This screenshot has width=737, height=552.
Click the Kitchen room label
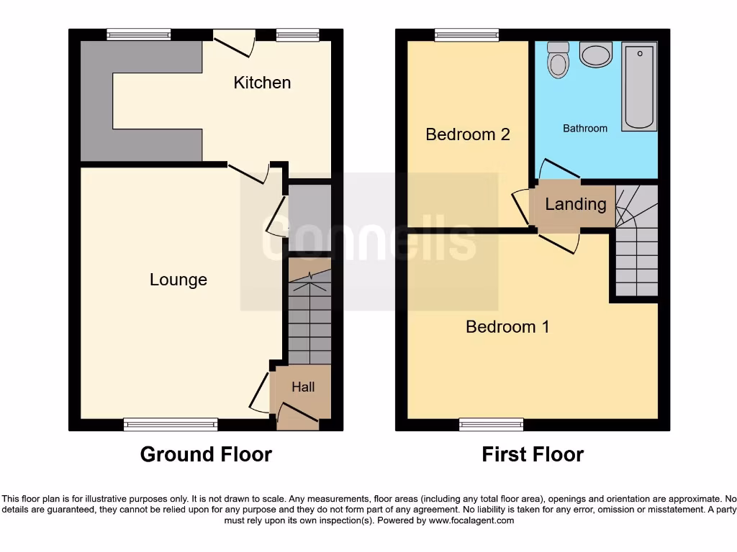click(262, 83)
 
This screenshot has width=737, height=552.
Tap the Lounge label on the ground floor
click(178, 280)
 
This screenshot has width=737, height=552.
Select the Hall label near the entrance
click(303, 387)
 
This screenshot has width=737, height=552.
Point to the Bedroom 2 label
click(468, 134)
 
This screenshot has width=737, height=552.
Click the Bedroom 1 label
click(507, 327)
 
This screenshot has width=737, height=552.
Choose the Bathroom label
click(584, 128)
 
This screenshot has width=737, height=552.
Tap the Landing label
click(575, 204)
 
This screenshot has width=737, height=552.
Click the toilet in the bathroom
click(558, 60)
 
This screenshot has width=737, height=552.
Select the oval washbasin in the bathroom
click(595, 54)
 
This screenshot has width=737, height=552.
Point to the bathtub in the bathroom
click(639, 86)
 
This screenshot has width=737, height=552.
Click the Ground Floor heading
click(206, 454)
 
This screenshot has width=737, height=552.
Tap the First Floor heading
click(533, 454)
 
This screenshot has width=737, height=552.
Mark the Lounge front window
click(171, 424)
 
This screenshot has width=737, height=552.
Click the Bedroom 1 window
click(492, 424)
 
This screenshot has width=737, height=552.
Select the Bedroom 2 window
click(467, 34)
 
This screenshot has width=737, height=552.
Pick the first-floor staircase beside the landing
click(636, 241)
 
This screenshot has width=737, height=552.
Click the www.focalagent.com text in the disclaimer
click(472, 520)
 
